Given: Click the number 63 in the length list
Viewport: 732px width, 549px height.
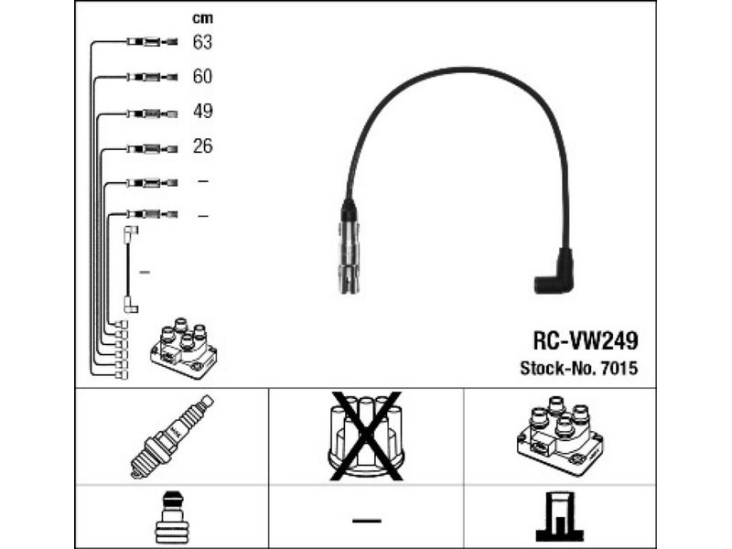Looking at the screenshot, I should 202,42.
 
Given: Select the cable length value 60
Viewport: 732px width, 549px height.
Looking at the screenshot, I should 202,77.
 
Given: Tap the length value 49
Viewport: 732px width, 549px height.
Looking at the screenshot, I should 202,112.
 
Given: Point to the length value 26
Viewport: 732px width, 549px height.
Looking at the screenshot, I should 202,146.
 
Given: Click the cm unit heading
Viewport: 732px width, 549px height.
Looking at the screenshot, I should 201,18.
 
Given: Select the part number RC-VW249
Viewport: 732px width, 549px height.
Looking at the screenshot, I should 586,341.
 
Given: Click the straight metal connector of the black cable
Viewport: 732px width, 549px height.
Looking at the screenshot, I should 348,252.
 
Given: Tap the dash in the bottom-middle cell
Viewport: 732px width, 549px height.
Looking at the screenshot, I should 366,520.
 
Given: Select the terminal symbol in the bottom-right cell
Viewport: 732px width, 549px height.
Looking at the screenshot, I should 558,518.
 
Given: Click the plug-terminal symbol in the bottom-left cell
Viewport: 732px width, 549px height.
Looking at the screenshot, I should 172,518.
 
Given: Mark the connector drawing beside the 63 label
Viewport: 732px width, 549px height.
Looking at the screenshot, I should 151,42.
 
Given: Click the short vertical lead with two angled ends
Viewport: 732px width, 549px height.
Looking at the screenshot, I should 130,271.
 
